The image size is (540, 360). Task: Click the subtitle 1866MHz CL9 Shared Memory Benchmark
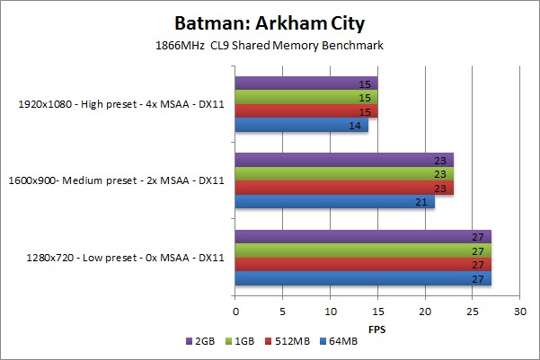tap(270, 44)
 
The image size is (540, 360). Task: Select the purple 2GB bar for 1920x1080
tap(305, 83)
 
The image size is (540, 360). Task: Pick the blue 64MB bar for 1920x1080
tap(302, 125)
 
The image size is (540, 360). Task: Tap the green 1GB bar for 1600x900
tap(344, 174)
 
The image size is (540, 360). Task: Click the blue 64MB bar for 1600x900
tap(334, 202)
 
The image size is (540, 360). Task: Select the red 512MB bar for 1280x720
tap(363, 265)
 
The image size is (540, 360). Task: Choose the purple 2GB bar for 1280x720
tap(363, 237)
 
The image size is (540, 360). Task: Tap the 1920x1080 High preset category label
tap(121, 104)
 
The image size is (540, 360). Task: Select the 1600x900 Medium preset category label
tap(121, 181)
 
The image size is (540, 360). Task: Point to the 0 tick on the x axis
tap(235, 312)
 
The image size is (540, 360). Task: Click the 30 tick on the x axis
tap(518, 312)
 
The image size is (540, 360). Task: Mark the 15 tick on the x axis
tap(377, 312)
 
